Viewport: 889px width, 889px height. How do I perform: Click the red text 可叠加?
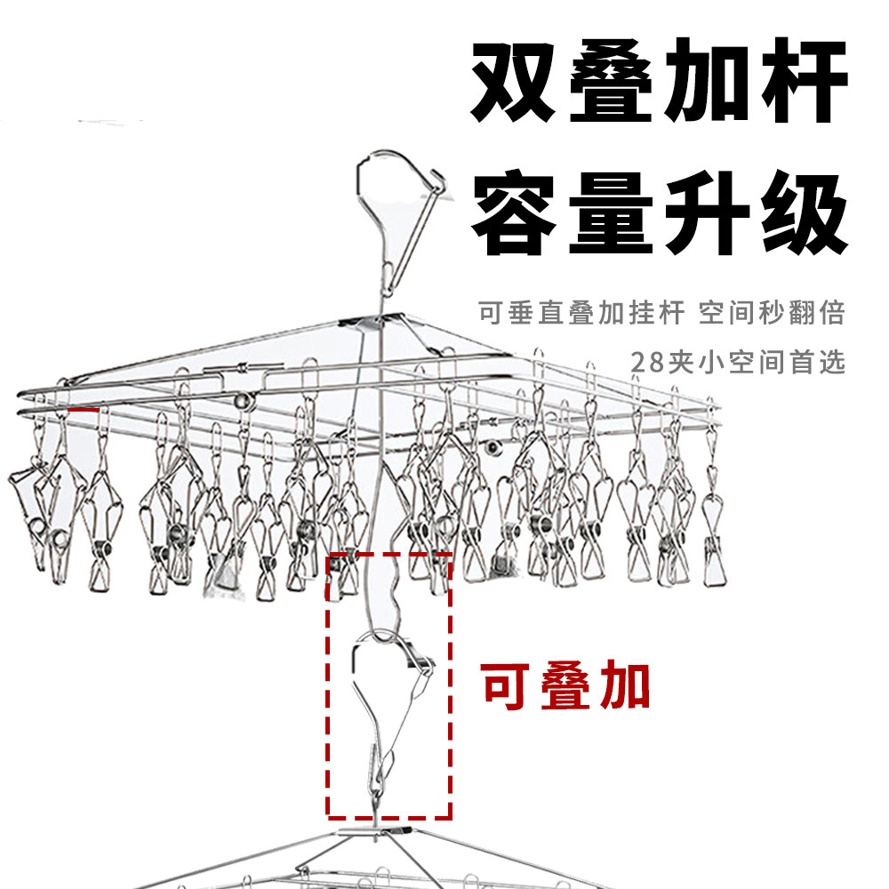[x=565, y=685]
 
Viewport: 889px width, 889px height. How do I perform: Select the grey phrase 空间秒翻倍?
[x=771, y=313]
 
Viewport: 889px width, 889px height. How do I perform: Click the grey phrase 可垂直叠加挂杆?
[x=582, y=313]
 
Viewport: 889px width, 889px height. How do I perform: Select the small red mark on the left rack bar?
[x=83, y=411]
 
